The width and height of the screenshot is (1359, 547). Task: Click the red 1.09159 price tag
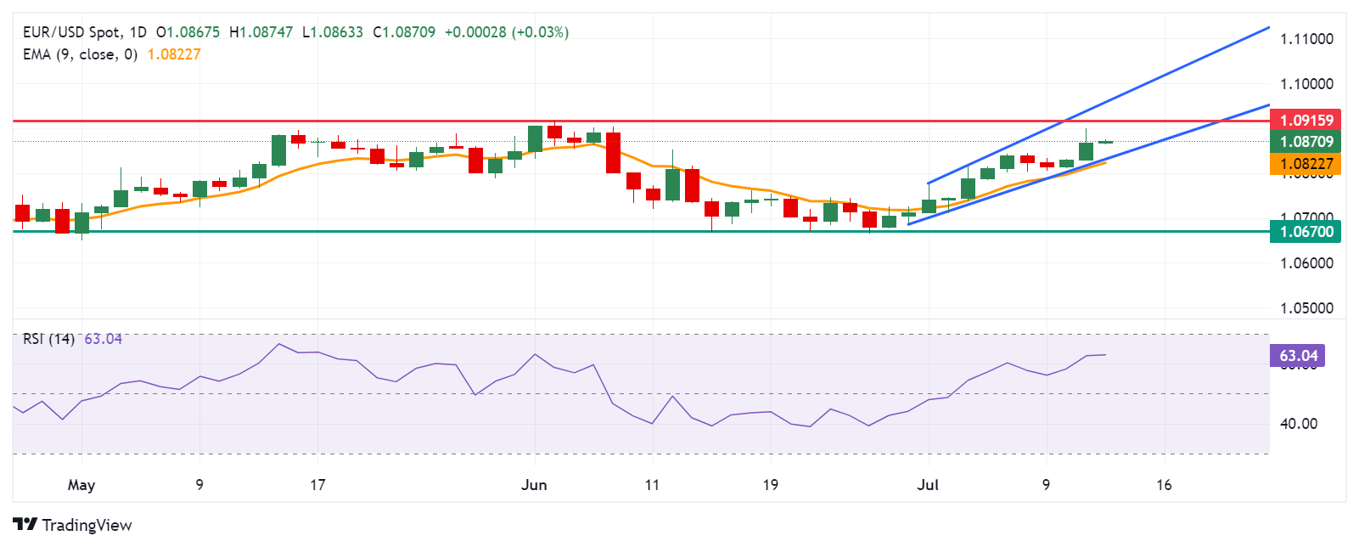[x=1306, y=120]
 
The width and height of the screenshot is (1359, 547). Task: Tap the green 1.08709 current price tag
[x=1306, y=142]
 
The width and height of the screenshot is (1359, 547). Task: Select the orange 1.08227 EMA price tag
[x=1306, y=164]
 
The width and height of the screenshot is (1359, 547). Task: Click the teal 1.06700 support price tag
[x=1306, y=231]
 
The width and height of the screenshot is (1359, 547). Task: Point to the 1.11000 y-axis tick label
[x=1306, y=39]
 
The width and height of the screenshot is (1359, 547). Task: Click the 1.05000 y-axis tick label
[x=1306, y=308]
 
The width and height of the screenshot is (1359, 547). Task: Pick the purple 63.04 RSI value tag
[x=1297, y=356]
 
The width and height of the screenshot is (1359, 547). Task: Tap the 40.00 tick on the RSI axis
[x=1299, y=424]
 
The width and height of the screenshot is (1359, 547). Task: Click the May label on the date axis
[x=81, y=485]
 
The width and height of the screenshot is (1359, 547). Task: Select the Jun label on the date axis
[x=534, y=485]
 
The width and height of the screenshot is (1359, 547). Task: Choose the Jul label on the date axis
[x=928, y=485]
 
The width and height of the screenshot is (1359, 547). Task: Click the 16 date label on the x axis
[x=1164, y=485]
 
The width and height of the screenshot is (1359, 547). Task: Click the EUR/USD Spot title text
[x=71, y=32]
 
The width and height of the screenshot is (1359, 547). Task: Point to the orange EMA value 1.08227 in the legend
[x=174, y=54]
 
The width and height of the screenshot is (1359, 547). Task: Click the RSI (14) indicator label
[x=48, y=339]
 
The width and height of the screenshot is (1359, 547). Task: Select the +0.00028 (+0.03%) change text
[x=507, y=32]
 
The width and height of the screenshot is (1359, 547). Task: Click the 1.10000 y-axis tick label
[x=1306, y=84]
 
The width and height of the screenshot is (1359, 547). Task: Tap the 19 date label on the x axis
[x=770, y=485]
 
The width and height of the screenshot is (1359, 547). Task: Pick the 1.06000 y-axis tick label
[x=1306, y=263]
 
